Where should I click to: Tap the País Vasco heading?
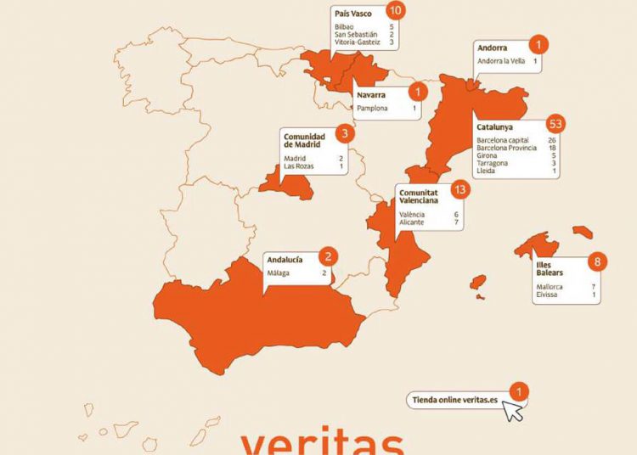tap(353, 14)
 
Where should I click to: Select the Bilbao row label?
tap(344, 26)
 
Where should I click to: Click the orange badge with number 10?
tap(394, 10)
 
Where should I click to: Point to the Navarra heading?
tap(371, 96)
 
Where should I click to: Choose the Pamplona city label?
tap(373, 109)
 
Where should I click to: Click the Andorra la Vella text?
tap(502, 61)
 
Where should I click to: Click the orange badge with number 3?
tap(343, 133)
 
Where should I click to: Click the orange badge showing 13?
tap(460, 190)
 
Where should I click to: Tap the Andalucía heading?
tap(285, 260)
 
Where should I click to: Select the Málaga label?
tap(279, 272)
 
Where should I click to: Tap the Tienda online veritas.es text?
tap(454, 399)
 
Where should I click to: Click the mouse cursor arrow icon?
tap(512, 411)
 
